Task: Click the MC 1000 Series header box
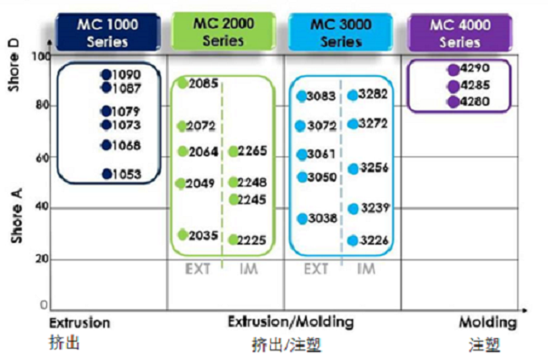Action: (x=108, y=32)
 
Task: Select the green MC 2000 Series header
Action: (x=224, y=31)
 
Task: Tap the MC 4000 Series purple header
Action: (x=460, y=33)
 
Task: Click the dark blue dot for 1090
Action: (x=107, y=74)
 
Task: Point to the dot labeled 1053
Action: (x=107, y=174)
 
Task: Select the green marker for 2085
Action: (x=183, y=83)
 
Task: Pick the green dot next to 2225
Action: (x=233, y=239)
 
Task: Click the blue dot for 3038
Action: (x=302, y=218)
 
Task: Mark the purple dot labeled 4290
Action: (x=454, y=70)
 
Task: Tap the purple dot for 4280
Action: (x=454, y=101)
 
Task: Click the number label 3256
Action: (x=374, y=168)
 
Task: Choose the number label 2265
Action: (x=253, y=151)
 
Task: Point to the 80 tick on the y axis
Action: (x=42, y=105)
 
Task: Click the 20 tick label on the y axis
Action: (x=42, y=259)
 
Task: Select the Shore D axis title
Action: (x=13, y=66)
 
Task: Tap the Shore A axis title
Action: (x=17, y=216)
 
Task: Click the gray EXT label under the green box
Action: (x=198, y=269)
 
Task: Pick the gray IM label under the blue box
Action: (x=366, y=269)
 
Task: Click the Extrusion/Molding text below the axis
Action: (x=291, y=322)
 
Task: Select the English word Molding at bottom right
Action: (x=488, y=322)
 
